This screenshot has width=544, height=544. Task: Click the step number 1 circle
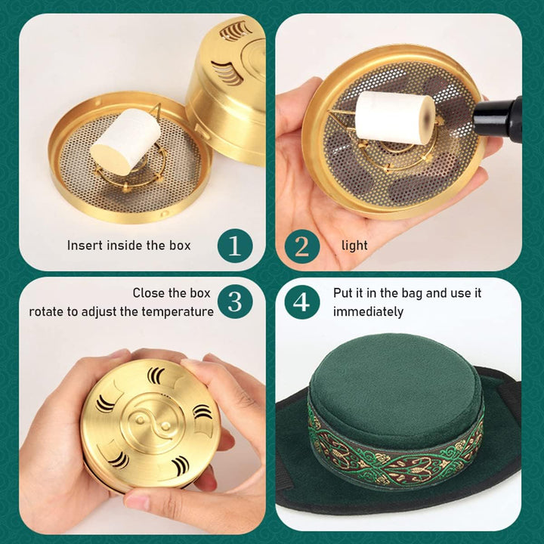(x=235, y=245)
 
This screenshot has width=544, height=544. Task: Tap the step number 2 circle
(x=302, y=245)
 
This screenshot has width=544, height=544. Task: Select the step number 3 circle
(x=235, y=301)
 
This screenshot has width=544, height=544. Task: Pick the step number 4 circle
(x=302, y=301)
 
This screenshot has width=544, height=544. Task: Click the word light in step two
(x=354, y=245)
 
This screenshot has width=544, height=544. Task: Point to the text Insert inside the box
(x=128, y=245)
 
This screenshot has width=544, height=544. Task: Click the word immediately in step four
(x=368, y=311)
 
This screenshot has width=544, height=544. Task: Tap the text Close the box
(x=172, y=292)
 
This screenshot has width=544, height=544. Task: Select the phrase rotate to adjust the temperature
(x=122, y=311)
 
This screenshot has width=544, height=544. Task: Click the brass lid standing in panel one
(x=227, y=83)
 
